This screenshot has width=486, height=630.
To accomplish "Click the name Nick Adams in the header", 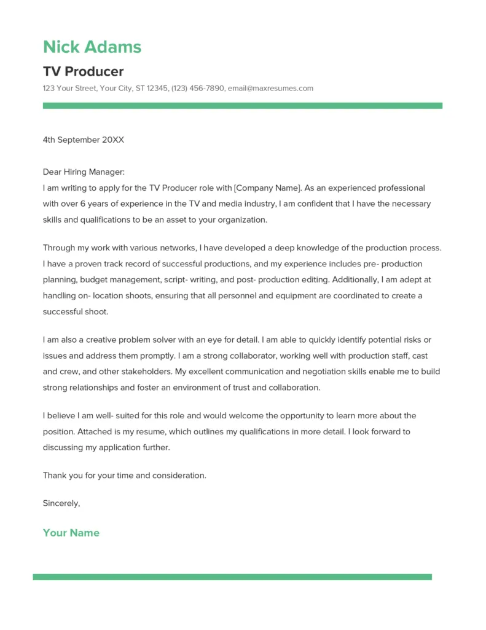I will tap(92, 47).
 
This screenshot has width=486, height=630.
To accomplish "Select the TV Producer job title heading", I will tap(83, 71).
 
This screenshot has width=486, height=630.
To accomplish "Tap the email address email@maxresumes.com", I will tap(270, 88).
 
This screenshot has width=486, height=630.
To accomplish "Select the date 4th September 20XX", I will tap(83, 140).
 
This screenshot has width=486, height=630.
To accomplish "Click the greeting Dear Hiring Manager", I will tap(84, 172).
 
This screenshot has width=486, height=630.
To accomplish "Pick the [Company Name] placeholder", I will tap(268, 188).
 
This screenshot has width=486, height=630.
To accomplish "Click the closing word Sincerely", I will tap(61, 503).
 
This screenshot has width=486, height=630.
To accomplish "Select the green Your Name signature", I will tap(71, 533).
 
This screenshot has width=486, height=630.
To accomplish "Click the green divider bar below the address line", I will tap(242, 106).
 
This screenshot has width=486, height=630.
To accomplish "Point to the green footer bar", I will tap(232, 577).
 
